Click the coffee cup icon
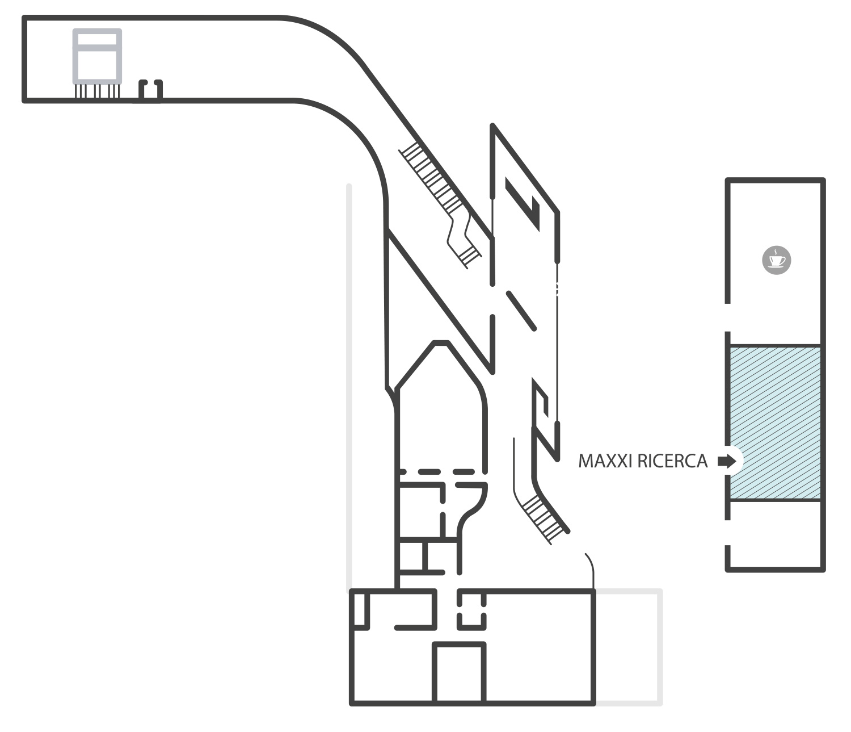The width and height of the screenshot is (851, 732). pyautogui.click(x=776, y=260)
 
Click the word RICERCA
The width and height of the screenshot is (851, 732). pyautogui.click(x=672, y=461)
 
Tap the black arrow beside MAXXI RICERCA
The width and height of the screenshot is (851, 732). pyautogui.click(x=727, y=461)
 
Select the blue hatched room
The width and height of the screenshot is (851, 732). pyautogui.click(x=775, y=423)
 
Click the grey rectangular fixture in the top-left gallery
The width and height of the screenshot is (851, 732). pyautogui.click(x=97, y=56)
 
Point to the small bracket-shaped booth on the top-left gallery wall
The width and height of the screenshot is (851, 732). pyautogui.click(x=150, y=90)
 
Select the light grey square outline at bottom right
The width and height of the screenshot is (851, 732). pyautogui.click(x=629, y=647)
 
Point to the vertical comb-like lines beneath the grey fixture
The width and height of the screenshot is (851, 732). pyautogui.click(x=97, y=91)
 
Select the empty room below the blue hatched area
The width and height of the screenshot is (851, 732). pyautogui.click(x=775, y=534)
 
